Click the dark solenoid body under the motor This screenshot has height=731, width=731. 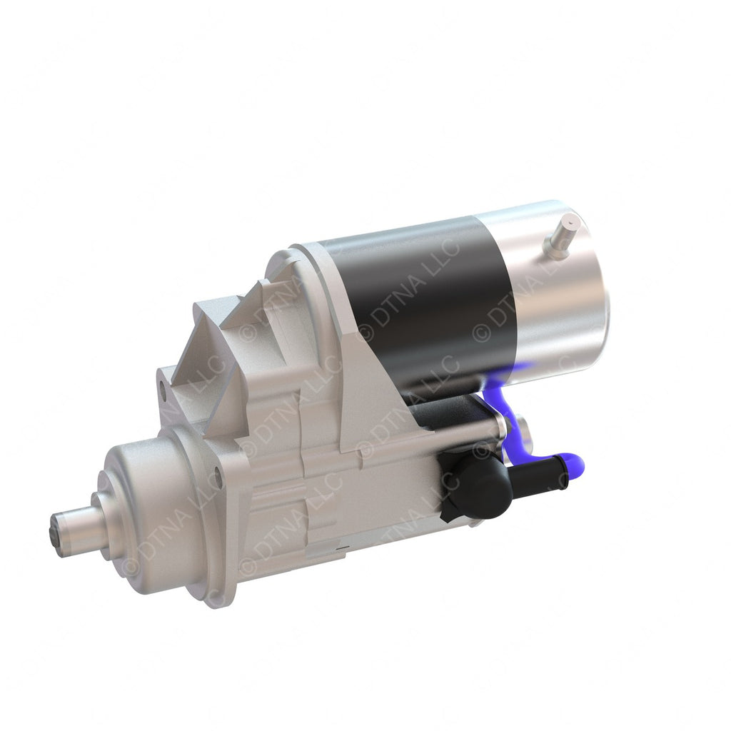pyautogui.click(x=443, y=410)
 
